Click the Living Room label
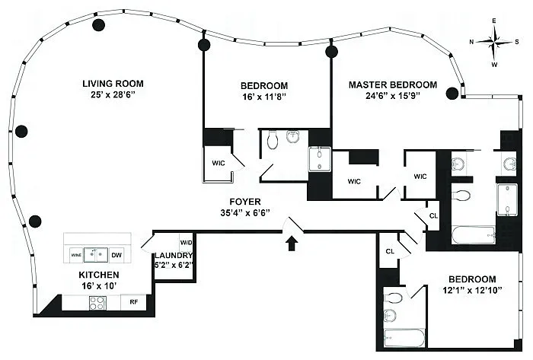(113, 83)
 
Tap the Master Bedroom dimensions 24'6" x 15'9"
(392, 97)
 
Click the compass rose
(496, 42)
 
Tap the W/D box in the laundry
(186, 243)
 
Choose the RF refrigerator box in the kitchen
(133, 302)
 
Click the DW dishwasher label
(116, 254)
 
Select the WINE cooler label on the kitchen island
(76, 254)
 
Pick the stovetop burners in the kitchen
(98, 302)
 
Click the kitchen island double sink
(96, 253)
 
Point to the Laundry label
(174, 256)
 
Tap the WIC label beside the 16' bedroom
(216, 164)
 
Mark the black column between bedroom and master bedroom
(331, 52)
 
